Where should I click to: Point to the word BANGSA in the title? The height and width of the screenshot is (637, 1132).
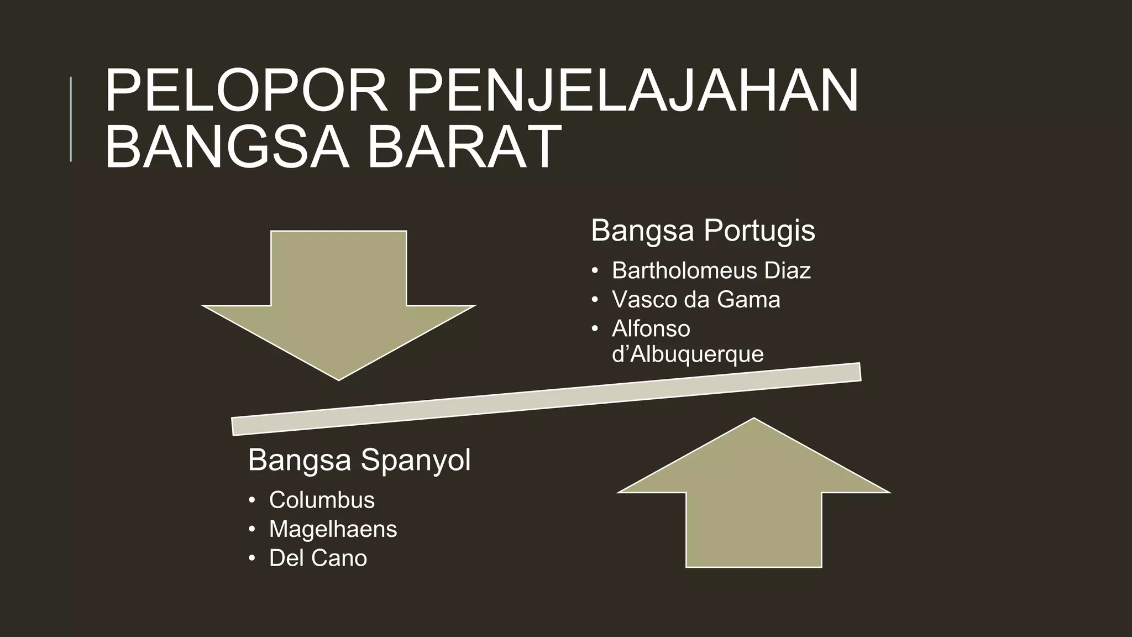pyautogui.click(x=227, y=147)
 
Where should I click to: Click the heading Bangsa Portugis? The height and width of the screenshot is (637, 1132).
pyautogui.click(x=703, y=230)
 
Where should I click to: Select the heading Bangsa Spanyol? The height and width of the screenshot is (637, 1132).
pyautogui.click(x=359, y=460)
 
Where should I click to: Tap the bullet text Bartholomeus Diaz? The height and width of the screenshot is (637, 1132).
pyautogui.click(x=711, y=270)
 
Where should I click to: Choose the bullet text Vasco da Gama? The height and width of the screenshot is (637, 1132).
pyautogui.click(x=696, y=300)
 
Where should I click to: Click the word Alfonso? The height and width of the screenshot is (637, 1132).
pyautogui.click(x=651, y=329)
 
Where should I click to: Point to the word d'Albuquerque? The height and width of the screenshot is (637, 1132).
pyautogui.click(x=688, y=354)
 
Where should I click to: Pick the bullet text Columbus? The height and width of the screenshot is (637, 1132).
pyautogui.click(x=322, y=500)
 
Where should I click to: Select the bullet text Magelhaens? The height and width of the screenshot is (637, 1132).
pyautogui.click(x=333, y=529)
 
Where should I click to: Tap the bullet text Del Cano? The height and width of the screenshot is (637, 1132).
pyautogui.click(x=318, y=558)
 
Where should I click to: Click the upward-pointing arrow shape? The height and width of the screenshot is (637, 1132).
pyautogui.click(x=753, y=498)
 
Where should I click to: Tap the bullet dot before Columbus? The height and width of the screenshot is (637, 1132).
pyautogui.click(x=252, y=500)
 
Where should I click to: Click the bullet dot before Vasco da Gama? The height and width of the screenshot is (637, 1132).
pyautogui.click(x=595, y=300)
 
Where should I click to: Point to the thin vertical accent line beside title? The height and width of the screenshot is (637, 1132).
pyautogui.click(x=71, y=119)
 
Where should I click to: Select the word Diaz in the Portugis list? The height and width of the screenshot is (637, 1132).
pyautogui.click(x=787, y=270)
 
